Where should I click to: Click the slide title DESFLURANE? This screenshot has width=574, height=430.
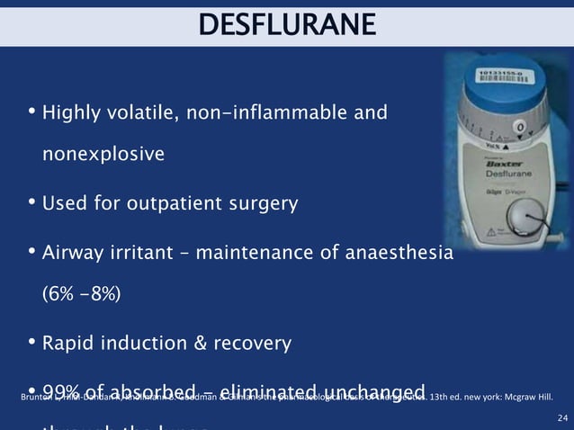pos(287,24)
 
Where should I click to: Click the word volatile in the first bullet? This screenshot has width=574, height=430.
pos(152,113)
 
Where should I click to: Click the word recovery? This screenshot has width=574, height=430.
pos(254,343)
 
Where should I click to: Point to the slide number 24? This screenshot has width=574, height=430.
pos(563,417)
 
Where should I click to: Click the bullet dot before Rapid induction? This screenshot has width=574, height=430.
pos(32,343)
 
